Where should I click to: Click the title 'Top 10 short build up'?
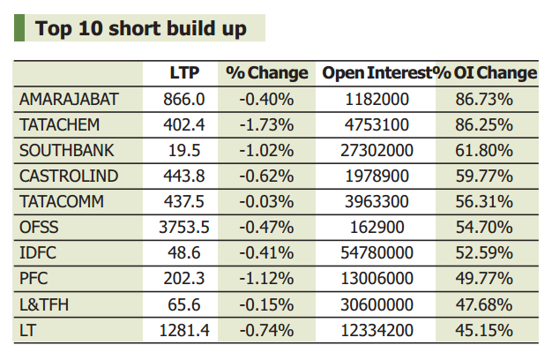tap(140, 28)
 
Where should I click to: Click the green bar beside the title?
tap(19, 28)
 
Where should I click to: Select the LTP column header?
tap(183, 73)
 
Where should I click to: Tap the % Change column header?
tap(266, 73)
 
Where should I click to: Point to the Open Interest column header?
tap(377, 73)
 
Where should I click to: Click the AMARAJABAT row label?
tap(68, 100)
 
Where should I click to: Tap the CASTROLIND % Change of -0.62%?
tap(266, 176)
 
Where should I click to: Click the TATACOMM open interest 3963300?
tap(377, 202)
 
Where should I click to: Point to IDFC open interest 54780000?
tap(377, 253)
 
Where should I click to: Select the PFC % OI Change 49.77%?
tap(484, 279)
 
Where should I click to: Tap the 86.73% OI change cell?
tap(484, 100)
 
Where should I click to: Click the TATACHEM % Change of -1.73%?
tap(266, 125)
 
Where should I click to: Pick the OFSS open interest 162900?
tap(377, 228)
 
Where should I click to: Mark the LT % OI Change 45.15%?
tap(484, 330)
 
